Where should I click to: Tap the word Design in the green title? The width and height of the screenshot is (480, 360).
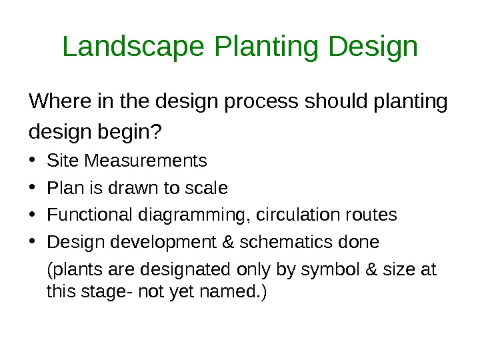(373, 47)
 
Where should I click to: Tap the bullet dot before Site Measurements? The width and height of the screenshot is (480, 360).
(33, 162)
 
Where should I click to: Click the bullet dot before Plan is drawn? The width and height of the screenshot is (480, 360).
(33, 189)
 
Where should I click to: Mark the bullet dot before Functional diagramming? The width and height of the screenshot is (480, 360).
(33, 216)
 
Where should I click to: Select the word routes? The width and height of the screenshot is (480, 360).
(373, 216)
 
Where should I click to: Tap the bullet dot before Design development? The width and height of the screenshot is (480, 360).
(33, 242)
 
